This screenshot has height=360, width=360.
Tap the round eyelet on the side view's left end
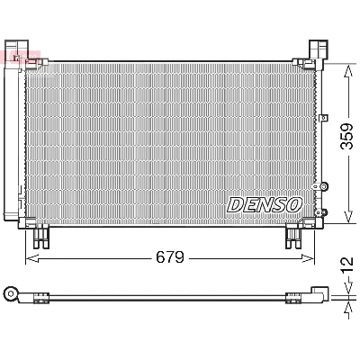click(x=12, y=292)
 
